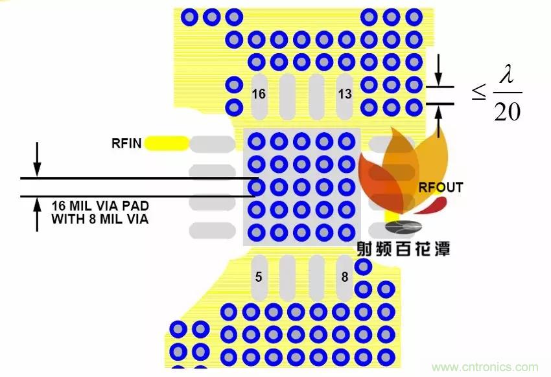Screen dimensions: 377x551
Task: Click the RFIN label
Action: point(126,143)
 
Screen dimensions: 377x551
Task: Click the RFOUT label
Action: point(441,188)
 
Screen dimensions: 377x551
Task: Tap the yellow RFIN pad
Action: point(167,143)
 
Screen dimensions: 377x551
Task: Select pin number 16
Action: point(259,94)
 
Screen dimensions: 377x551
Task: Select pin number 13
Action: point(345,94)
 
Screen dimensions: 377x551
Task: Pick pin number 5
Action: point(259,277)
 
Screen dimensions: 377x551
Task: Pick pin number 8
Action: point(345,277)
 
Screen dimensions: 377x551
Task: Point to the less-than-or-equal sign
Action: point(478,93)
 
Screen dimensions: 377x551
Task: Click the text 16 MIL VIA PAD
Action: point(100,206)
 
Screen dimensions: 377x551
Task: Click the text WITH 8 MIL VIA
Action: point(100,220)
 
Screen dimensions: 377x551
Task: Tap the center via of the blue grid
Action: point(301,187)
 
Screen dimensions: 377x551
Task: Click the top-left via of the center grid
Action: point(257,141)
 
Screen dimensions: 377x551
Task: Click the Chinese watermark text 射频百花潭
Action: point(403,248)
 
